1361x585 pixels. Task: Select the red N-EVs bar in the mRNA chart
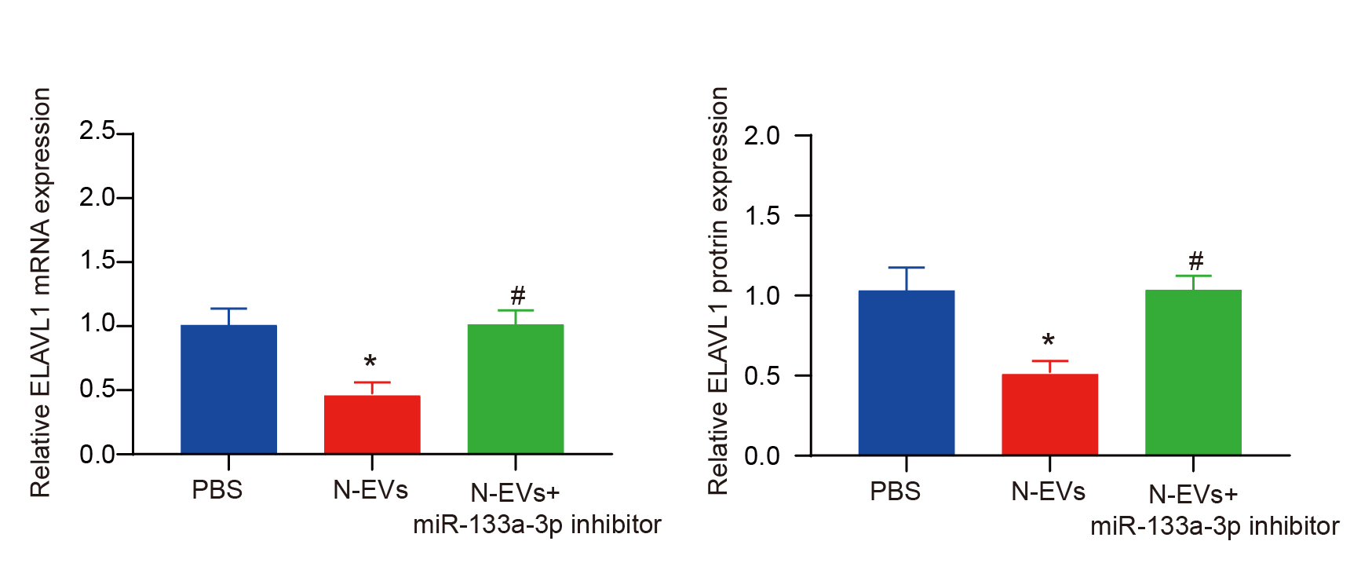pos(372,424)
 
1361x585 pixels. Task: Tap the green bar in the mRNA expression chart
pos(516,389)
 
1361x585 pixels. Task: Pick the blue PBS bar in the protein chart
pos(907,372)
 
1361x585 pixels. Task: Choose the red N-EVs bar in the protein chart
pos(1049,414)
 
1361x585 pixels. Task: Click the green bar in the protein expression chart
pos(1193,372)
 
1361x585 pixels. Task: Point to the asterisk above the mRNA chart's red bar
pos(370,362)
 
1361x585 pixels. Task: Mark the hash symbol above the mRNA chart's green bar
pos(517,296)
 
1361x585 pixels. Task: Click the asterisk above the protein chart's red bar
pos(1049,342)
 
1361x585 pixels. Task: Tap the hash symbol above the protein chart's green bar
pos(1195,261)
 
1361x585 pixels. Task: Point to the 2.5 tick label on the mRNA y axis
pos(97,131)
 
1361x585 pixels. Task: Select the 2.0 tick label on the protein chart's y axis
pos(762,136)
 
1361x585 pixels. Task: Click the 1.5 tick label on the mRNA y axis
pos(97,261)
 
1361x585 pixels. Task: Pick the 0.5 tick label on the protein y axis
pos(762,376)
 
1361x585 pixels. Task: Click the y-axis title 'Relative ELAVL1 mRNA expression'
pos(41,292)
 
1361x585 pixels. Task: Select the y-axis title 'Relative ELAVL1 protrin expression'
pos(718,291)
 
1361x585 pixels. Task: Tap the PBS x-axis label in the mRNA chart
pos(217,490)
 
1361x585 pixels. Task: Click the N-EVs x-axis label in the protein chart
pos(1048,492)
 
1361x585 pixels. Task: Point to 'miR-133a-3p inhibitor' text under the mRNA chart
pos(537,525)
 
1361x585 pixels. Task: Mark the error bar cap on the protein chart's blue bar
pos(907,268)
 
